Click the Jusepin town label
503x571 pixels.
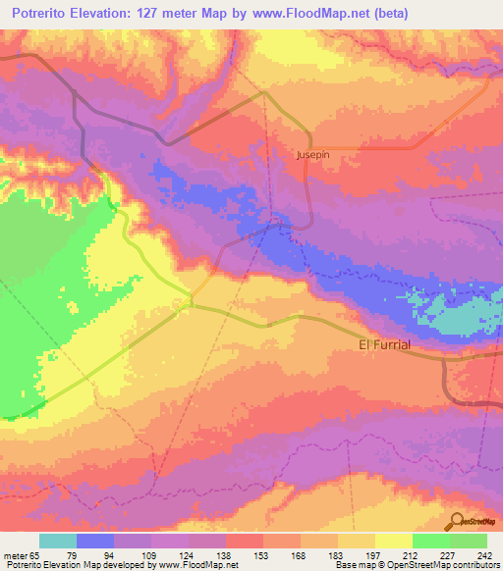(x=311, y=155)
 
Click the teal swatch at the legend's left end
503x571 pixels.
(x=58, y=541)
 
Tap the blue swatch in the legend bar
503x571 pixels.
(x=95, y=541)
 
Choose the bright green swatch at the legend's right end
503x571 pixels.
(x=469, y=541)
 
